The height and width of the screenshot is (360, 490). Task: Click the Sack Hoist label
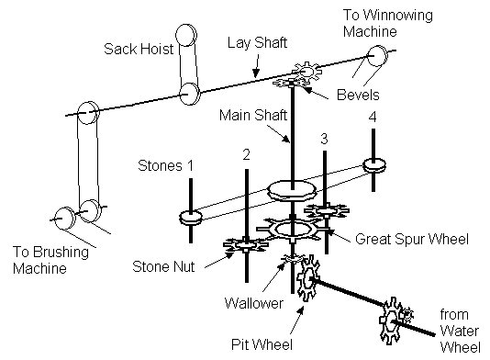(139, 49)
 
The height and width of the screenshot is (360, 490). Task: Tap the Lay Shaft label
(257, 43)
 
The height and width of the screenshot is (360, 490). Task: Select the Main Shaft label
(253, 115)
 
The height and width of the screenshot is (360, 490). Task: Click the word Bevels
(358, 95)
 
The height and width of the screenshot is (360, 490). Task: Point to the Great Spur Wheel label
(412, 239)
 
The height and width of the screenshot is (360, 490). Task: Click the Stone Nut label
(163, 266)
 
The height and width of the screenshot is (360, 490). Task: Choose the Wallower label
(254, 303)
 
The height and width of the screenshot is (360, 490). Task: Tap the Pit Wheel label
(262, 344)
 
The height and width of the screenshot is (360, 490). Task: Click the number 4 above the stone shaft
(373, 117)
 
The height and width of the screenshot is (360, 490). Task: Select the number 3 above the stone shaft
(324, 139)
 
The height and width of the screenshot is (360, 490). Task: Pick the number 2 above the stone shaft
(246, 154)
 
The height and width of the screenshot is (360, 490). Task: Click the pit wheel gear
(307, 277)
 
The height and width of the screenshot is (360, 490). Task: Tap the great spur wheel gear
(292, 230)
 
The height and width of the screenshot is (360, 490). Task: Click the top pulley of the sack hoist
(186, 35)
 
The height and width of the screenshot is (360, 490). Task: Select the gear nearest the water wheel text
(391, 321)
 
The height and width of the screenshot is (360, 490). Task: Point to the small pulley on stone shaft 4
(374, 165)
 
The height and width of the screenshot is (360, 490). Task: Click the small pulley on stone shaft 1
(191, 218)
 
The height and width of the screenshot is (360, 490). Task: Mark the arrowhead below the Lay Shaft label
(256, 73)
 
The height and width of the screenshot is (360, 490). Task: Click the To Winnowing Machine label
(388, 24)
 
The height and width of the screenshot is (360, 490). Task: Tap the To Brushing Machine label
(50, 260)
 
